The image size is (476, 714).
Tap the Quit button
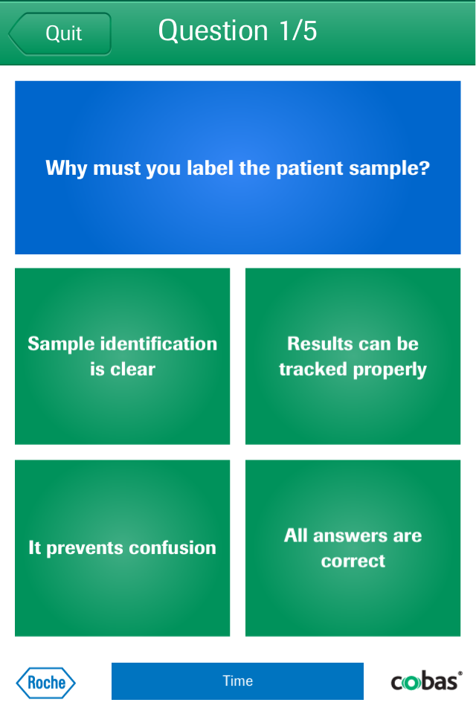click(x=59, y=33)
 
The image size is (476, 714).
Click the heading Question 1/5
click(x=237, y=30)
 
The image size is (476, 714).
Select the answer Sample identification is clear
click(x=122, y=356)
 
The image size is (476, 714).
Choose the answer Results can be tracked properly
click(x=353, y=356)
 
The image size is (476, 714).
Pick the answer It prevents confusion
click(x=122, y=548)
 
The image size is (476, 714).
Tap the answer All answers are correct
click(x=353, y=548)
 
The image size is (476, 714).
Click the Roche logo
click(x=45, y=683)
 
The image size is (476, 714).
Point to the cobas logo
click(x=426, y=681)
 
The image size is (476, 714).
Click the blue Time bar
click(x=237, y=681)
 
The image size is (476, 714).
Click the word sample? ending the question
click(x=390, y=169)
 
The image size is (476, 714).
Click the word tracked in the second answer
click(x=313, y=370)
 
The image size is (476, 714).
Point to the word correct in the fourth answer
click(x=353, y=561)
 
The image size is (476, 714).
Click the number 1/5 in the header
click(x=298, y=30)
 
